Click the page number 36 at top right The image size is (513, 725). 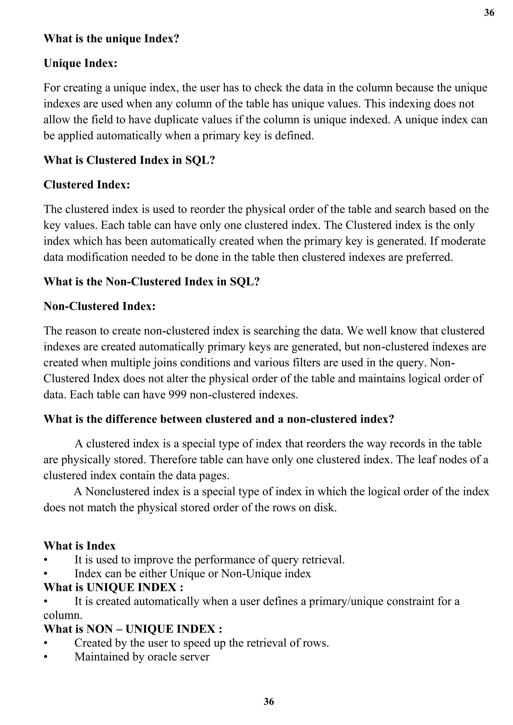click(489, 13)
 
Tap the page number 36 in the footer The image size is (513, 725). click(269, 702)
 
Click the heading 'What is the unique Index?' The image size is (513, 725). click(111, 39)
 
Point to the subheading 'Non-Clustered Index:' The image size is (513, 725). click(99, 306)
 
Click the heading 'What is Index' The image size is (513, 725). click(80, 546)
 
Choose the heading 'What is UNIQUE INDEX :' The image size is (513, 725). click(113, 587)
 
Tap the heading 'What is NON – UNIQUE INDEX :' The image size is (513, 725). click(133, 629)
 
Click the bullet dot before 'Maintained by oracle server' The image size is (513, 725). click(46, 657)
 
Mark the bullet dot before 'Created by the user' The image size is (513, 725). click(46, 643)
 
